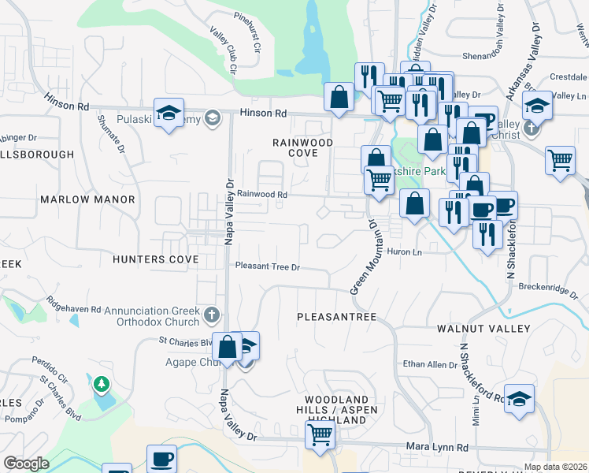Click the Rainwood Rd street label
263,194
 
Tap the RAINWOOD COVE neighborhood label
303,147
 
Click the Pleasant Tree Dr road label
269,267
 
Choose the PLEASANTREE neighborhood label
337,316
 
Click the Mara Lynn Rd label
437,447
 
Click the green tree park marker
101,385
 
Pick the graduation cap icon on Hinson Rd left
169,112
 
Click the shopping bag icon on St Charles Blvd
227,347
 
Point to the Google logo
27,464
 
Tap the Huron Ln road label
405,252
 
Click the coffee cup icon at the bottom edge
162,459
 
